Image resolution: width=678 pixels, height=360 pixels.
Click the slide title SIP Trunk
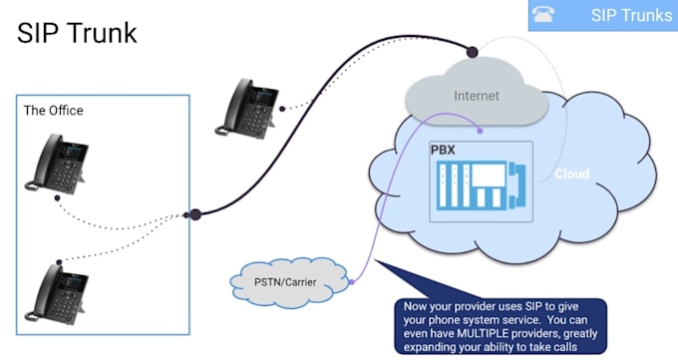click(x=77, y=33)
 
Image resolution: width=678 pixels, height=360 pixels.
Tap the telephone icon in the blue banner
click(x=543, y=14)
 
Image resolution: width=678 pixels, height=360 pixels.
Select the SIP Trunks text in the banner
click(x=631, y=15)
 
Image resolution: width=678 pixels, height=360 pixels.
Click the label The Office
click(x=53, y=111)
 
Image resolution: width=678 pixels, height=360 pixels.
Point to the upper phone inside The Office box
click(x=57, y=164)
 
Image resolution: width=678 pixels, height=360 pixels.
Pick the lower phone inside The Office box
click(x=57, y=293)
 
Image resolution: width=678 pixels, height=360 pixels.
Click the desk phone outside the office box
click(x=247, y=108)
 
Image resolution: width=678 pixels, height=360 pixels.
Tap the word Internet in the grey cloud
click(x=476, y=96)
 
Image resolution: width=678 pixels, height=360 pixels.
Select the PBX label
click(x=443, y=151)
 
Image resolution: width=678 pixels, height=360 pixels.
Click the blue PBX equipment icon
click(x=481, y=185)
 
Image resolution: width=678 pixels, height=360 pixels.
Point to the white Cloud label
click(x=571, y=174)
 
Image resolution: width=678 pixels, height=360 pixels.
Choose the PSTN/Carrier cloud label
click(x=285, y=282)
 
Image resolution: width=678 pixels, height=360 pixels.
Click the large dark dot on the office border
click(x=195, y=214)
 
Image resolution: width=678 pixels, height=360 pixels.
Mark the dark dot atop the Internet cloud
click(x=473, y=53)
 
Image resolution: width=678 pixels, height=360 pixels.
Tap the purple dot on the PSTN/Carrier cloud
click(x=352, y=282)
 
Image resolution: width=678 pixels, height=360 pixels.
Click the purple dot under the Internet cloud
click(x=480, y=131)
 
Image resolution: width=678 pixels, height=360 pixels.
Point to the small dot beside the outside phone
click(x=282, y=109)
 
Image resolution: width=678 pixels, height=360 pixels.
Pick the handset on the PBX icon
click(x=517, y=185)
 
